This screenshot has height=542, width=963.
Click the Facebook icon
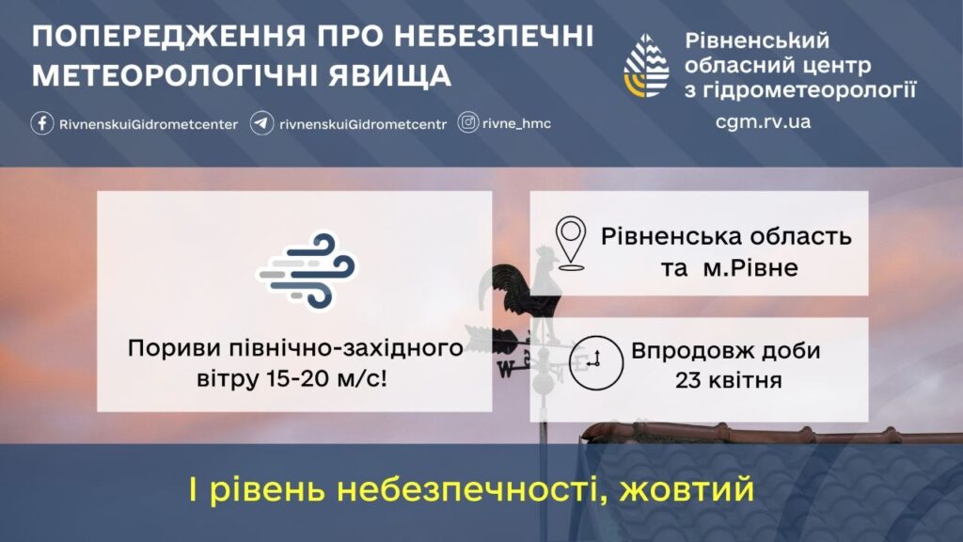click(x=41, y=123)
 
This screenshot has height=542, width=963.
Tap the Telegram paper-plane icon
click(x=261, y=123)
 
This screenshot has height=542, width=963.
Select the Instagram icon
click(x=468, y=123)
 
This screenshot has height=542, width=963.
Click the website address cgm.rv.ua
click(x=763, y=121)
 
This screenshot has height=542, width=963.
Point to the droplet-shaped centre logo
click(x=647, y=67)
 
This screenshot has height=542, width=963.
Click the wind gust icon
click(x=307, y=270)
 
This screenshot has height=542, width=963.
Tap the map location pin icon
click(x=571, y=244)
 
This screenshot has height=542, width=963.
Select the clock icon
click(x=595, y=362)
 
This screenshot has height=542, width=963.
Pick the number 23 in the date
click(x=687, y=380)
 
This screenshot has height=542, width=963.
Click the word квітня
click(x=745, y=380)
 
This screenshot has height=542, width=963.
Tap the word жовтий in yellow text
click(x=687, y=489)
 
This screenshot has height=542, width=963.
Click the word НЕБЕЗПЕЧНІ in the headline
click(x=493, y=37)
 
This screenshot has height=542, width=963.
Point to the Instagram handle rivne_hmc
click(x=516, y=123)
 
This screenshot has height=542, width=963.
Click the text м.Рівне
click(x=750, y=268)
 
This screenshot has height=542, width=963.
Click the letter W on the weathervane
click(x=505, y=369)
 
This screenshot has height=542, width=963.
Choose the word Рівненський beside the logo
click(x=757, y=40)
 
